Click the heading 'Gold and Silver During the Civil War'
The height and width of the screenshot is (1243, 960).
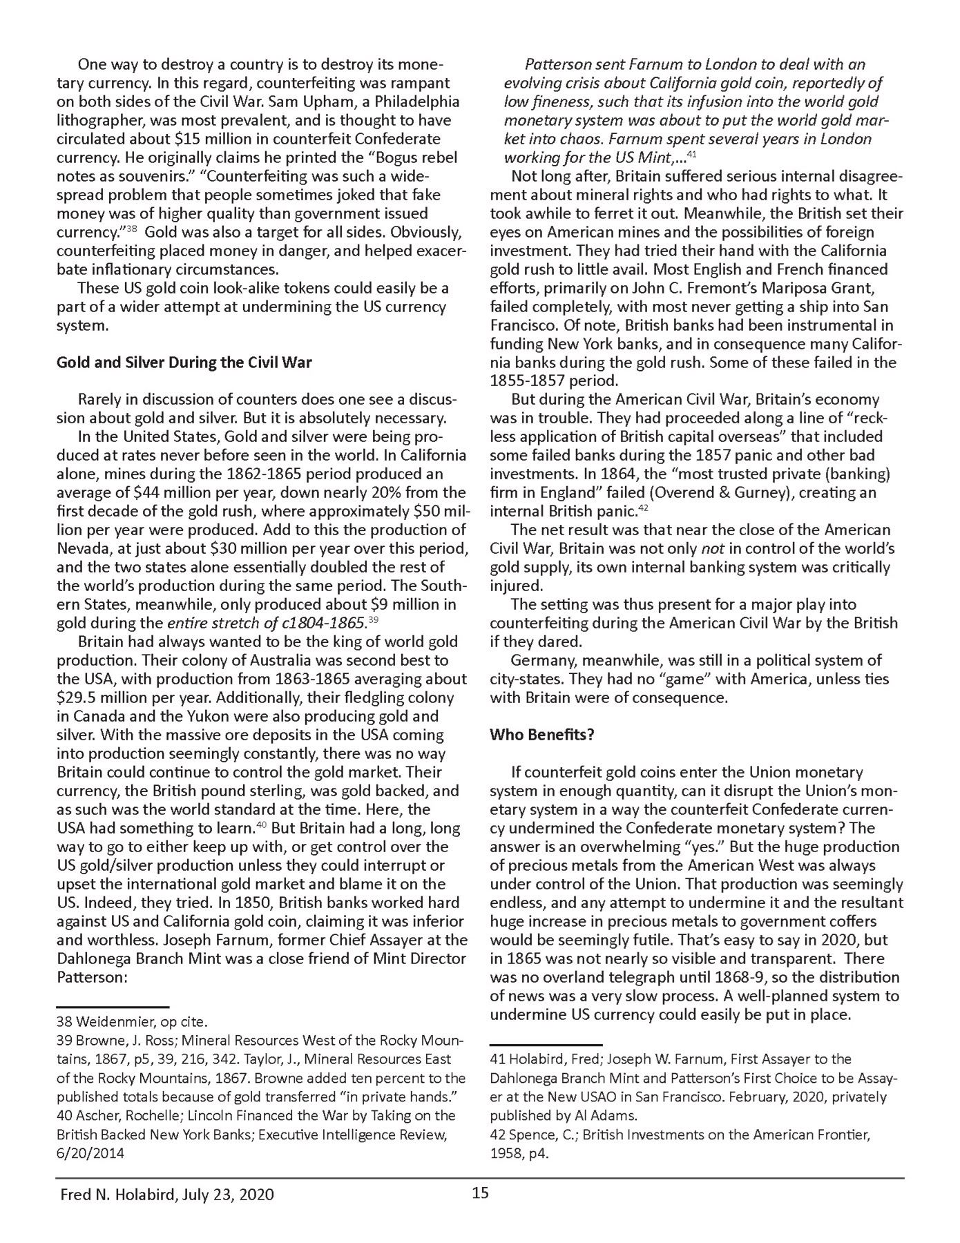[184, 362]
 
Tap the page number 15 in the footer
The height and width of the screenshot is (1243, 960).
[480, 1193]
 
